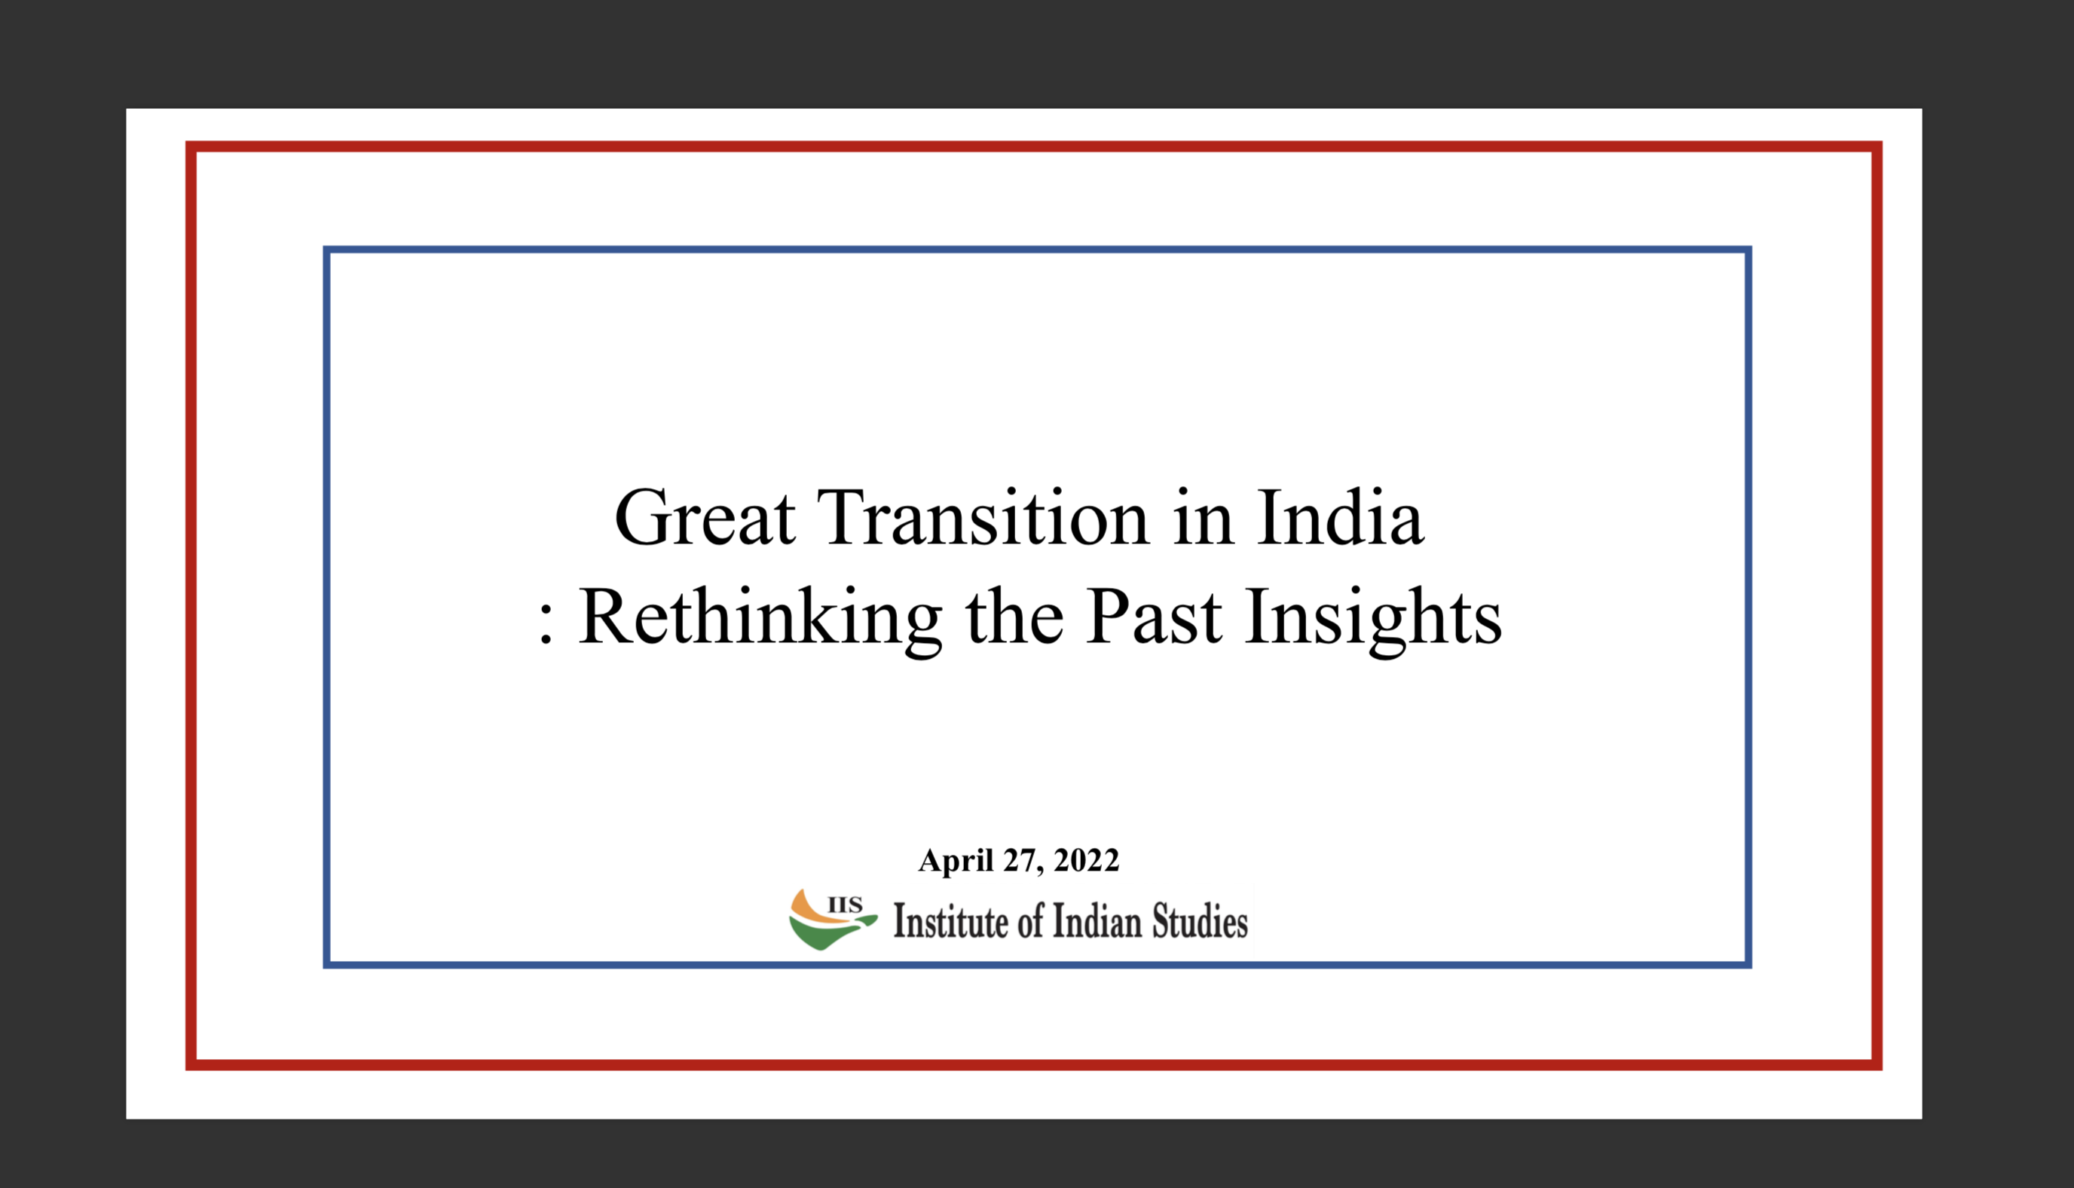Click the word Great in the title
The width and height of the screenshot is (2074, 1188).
point(705,517)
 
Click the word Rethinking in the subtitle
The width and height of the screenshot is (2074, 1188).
point(761,618)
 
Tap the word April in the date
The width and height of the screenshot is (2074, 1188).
point(956,861)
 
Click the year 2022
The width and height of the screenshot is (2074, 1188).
point(1086,860)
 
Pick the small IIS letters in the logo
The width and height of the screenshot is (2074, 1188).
point(845,905)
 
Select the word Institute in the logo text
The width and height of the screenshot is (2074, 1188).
point(951,921)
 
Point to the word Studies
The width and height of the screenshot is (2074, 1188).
point(1200,921)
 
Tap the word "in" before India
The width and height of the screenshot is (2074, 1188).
point(1204,517)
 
